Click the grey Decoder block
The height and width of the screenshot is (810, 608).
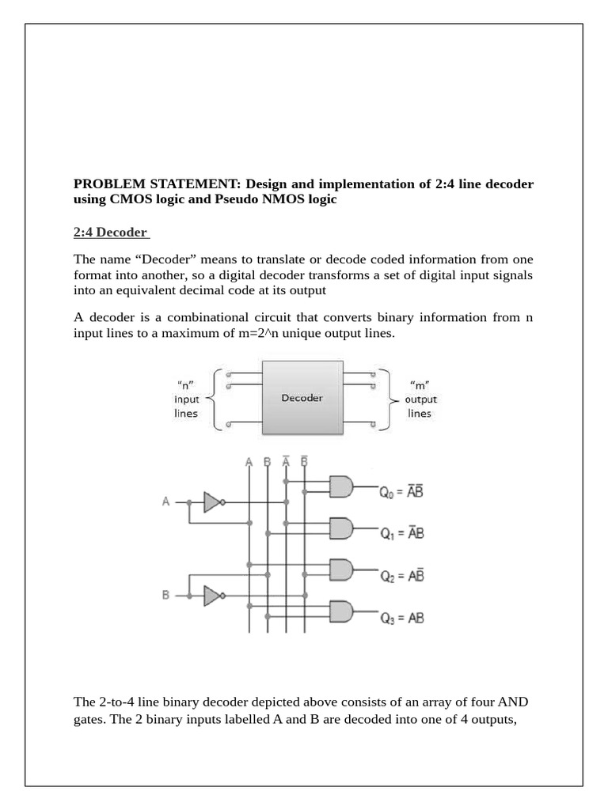[302, 398]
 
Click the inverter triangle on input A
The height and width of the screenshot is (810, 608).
[211, 502]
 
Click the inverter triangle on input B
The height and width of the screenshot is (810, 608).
[211, 596]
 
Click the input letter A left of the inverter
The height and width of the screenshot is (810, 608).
[165, 502]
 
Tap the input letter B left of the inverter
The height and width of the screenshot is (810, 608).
[166, 596]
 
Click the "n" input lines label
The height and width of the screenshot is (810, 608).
[187, 399]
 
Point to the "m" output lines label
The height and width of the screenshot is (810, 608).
[420, 399]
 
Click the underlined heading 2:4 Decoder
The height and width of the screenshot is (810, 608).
[110, 232]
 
